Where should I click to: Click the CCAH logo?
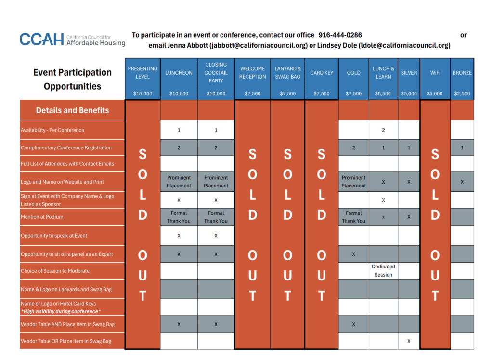click(72, 40)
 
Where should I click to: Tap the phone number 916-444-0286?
click(340, 35)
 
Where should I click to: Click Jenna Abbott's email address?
click(259, 46)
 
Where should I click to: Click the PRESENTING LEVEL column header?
click(143, 73)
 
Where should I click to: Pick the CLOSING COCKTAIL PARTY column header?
click(216, 73)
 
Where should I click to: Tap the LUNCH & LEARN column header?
click(383, 73)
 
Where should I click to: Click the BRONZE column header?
click(462, 73)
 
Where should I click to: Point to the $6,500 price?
click(383, 94)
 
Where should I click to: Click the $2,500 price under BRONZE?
click(462, 94)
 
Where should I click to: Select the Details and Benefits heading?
click(72, 110)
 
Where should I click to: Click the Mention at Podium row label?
click(42, 217)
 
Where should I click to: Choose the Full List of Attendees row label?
click(67, 164)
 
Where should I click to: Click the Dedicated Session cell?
click(383, 270)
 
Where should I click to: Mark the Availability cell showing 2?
click(383, 130)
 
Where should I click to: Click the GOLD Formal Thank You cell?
click(353, 217)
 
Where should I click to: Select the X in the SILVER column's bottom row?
click(409, 341)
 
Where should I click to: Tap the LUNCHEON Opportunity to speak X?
click(179, 236)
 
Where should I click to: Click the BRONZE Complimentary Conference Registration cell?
click(462, 147)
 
